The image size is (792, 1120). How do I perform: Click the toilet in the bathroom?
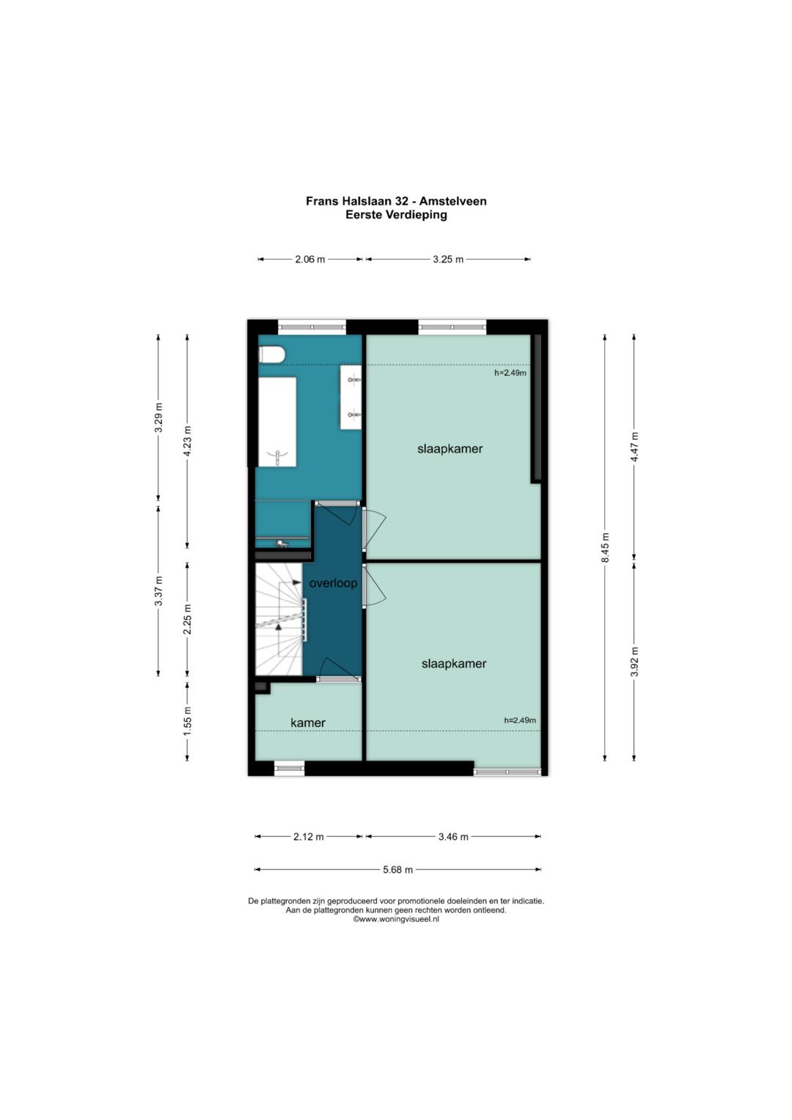coord(272,355)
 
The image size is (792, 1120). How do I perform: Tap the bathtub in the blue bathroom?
coord(277,422)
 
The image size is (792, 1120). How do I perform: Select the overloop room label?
coord(333,583)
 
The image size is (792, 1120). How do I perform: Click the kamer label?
coord(308,722)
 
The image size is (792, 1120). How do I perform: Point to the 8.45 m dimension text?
coord(605,547)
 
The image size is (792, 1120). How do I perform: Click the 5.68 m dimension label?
coord(398,869)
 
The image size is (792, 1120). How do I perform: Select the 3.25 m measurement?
coord(448,259)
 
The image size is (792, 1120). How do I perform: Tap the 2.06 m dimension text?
coord(310,259)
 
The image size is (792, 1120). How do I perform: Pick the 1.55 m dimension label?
coord(188,721)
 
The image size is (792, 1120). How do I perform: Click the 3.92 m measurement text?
coord(634,662)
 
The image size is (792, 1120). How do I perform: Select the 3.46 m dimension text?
coord(453,836)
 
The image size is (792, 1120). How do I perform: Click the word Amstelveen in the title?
coord(453,201)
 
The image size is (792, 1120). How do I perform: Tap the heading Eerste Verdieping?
coord(396,215)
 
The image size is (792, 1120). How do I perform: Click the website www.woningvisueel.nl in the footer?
coord(396,919)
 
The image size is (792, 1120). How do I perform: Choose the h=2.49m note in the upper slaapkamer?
coord(510,373)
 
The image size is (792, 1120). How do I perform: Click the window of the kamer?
coord(290,768)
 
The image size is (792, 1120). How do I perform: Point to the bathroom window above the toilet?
coord(312,327)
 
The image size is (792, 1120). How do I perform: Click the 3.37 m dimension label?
coord(158,591)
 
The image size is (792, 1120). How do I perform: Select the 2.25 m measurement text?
coord(188,619)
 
